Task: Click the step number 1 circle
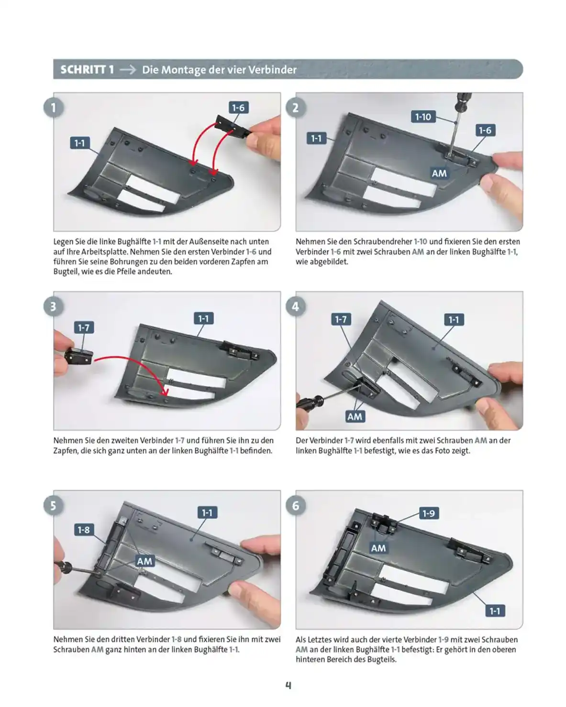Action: [x=53, y=108]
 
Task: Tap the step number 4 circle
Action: [x=295, y=306]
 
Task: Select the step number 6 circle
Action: [x=295, y=506]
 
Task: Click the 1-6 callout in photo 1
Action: [x=238, y=108]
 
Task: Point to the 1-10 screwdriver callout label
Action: [x=423, y=117]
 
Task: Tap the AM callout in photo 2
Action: [x=439, y=173]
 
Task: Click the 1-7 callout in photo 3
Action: [x=84, y=327]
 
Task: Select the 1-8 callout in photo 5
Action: [x=84, y=530]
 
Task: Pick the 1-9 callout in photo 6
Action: [x=429, y=513]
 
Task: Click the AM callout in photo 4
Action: [x=355, y=416]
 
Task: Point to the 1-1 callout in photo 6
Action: [x=495, y=611]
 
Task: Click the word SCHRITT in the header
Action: [x=83, y=70]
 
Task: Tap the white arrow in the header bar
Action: [x=128, y=70]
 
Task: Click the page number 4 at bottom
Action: [x=288, y=685]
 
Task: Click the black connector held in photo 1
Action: [x=233, y=127]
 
